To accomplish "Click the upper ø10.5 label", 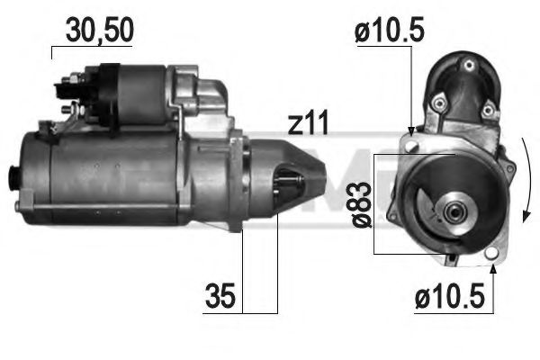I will coord(389,32).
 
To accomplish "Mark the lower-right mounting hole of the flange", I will coord(490,255).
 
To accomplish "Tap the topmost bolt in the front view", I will coord(469,64).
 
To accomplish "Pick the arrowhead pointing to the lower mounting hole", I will coord(491,266).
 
